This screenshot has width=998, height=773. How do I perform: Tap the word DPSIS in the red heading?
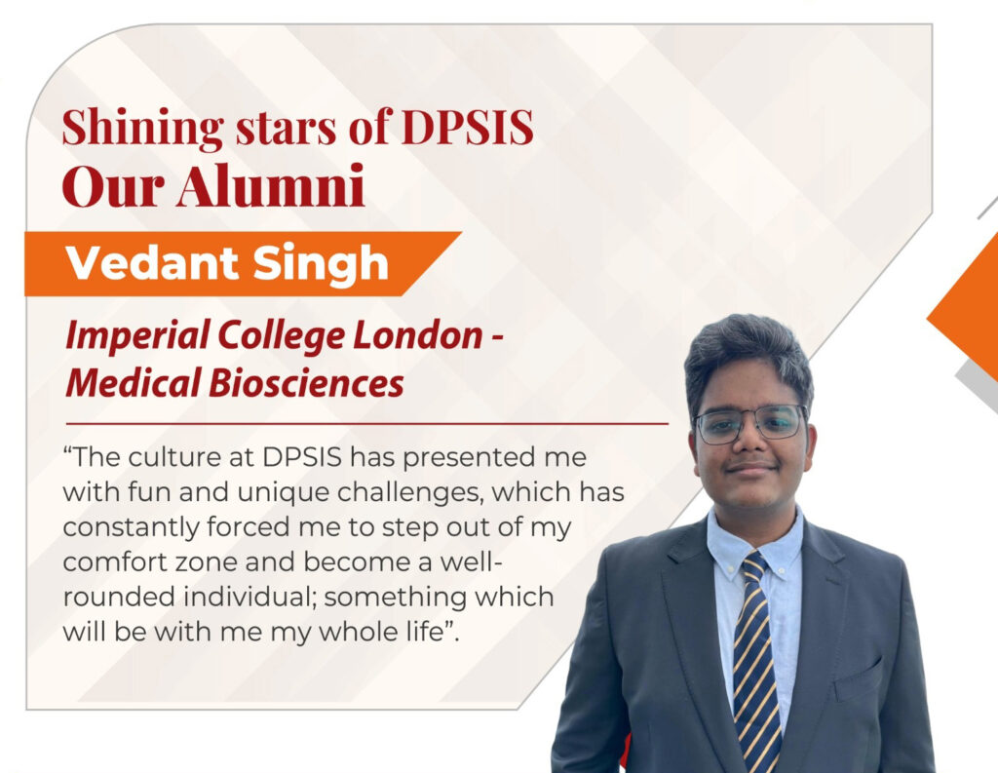pyautogui.click(x=467, y=128)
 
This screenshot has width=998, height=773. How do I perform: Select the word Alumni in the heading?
pyautogui.click(x=271, y=185)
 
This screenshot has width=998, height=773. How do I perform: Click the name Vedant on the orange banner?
pyautogui.click(x=152, y=263)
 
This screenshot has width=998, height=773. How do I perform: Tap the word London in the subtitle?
pyautogui.click(x=417, y=334)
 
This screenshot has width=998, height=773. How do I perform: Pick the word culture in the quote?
pyautogui.click(x=170, y=457)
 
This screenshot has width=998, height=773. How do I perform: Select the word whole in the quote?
pyautogui.click(x=349, y=633)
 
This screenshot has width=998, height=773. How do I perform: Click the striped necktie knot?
pyautogui.click(x=754, y=566)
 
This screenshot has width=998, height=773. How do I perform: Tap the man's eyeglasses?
pyautogui.click(x=749, y=424)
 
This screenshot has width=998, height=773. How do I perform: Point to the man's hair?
pyautogui.click(x=748, y=357)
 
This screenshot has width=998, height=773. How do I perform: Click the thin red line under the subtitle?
pyautogui.click(x=367, y=423)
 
